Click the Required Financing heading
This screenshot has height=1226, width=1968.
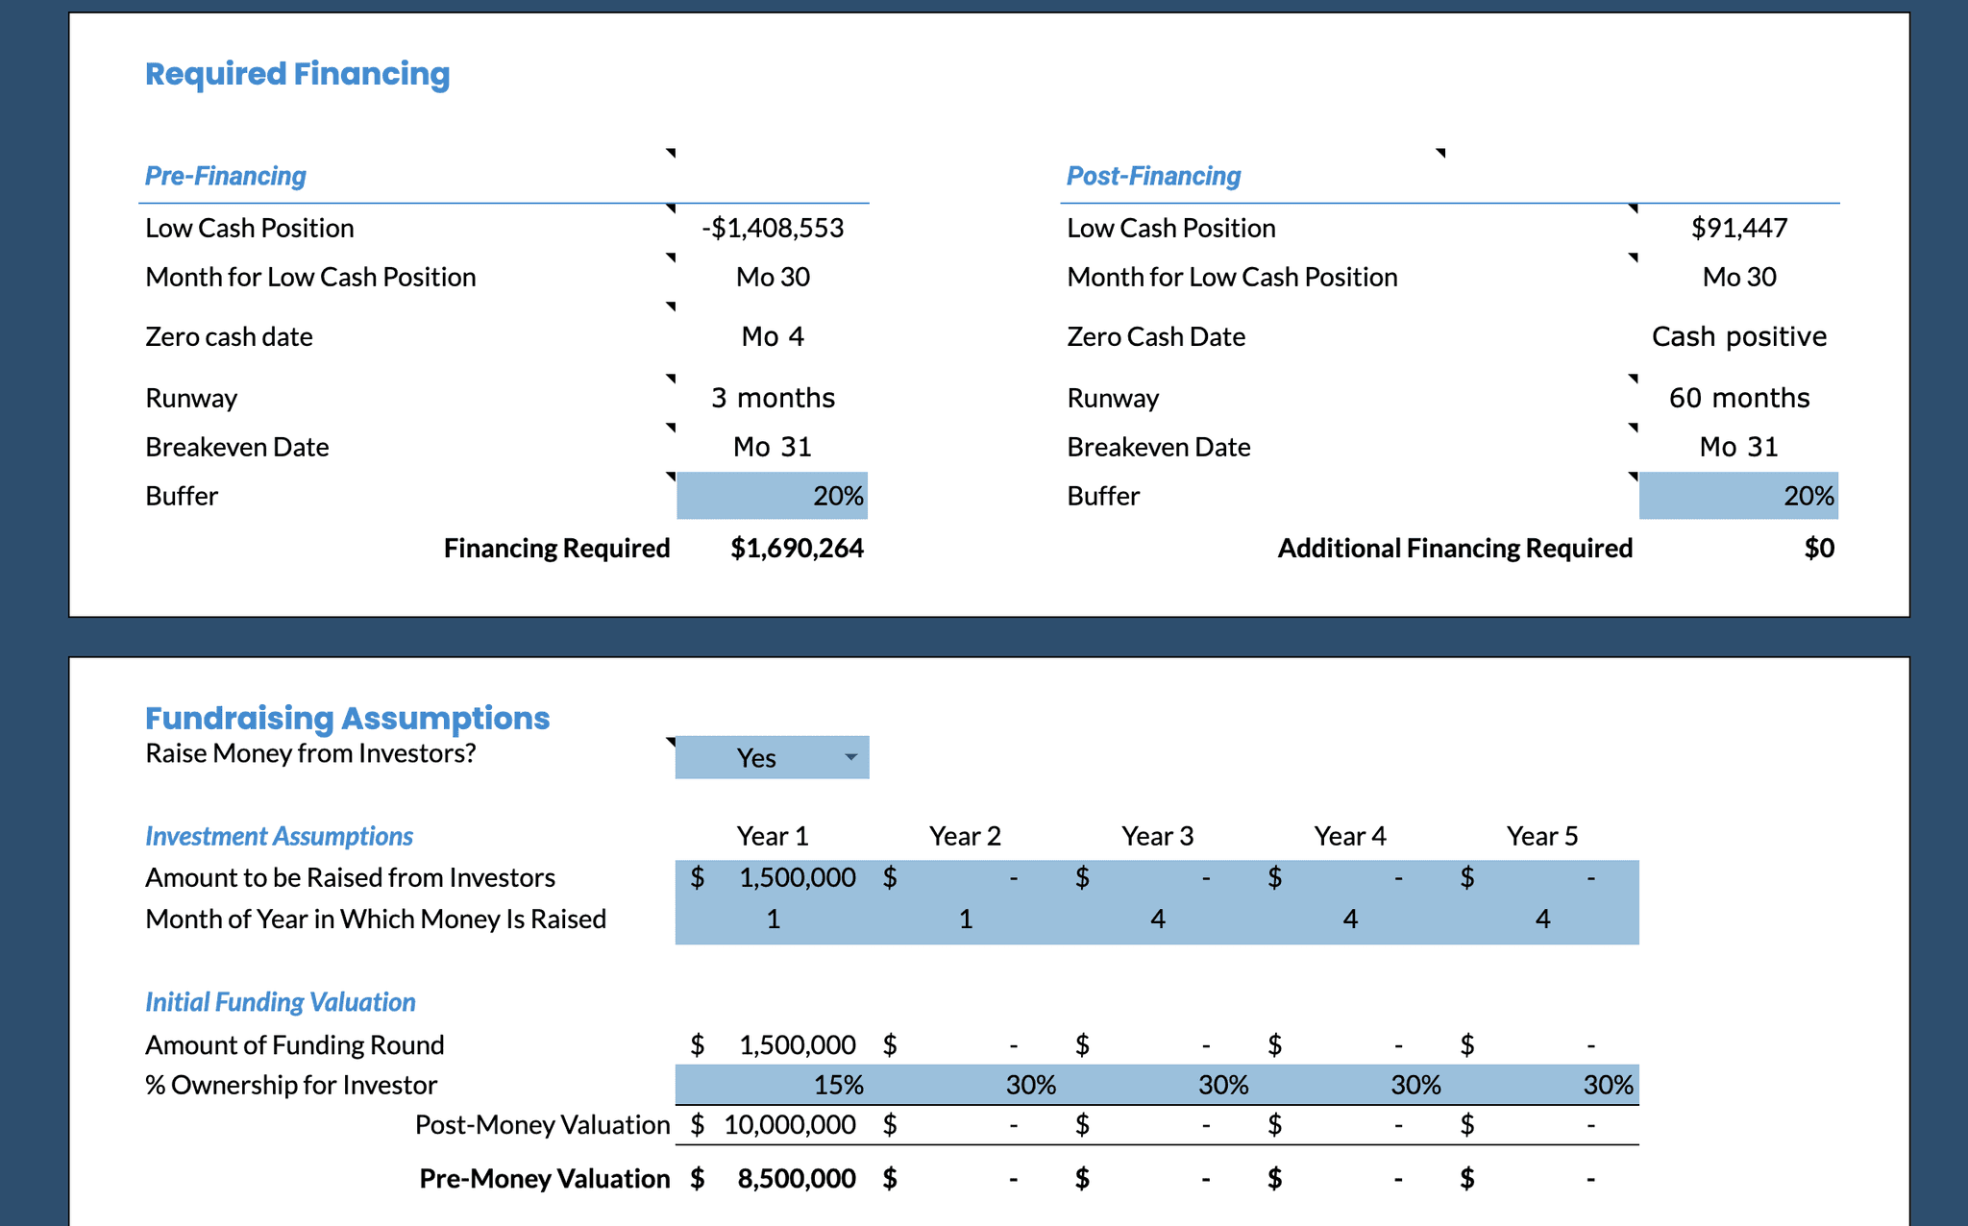click(297, 74)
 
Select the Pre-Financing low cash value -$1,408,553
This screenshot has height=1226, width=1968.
click(773, 228)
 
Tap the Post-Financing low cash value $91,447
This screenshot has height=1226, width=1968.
click(1739, 228)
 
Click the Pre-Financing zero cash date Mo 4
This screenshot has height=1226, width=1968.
click(773, 336)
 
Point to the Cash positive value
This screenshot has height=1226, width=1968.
click(1739, 336)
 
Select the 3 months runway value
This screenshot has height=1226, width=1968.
click(773, 398)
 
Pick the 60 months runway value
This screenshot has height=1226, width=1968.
click(1739, 398)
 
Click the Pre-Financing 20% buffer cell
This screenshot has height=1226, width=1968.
click(773, 496)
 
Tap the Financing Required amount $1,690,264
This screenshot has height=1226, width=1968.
click(797, 548)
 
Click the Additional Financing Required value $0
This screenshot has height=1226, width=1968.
click(1819, 548)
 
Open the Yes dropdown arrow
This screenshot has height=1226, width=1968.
click(850, 757)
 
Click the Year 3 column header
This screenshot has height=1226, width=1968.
click(1158, 836)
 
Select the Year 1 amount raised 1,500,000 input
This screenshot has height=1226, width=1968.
click(773, 877)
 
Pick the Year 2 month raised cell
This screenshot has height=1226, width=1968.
click(966, 919)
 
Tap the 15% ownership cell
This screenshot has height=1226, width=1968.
click(773, 1085)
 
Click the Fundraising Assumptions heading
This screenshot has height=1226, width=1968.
click(347, 718)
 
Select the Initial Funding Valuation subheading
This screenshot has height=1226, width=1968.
click(280, 1002)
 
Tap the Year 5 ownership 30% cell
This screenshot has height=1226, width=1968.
click(1543, 1085)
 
